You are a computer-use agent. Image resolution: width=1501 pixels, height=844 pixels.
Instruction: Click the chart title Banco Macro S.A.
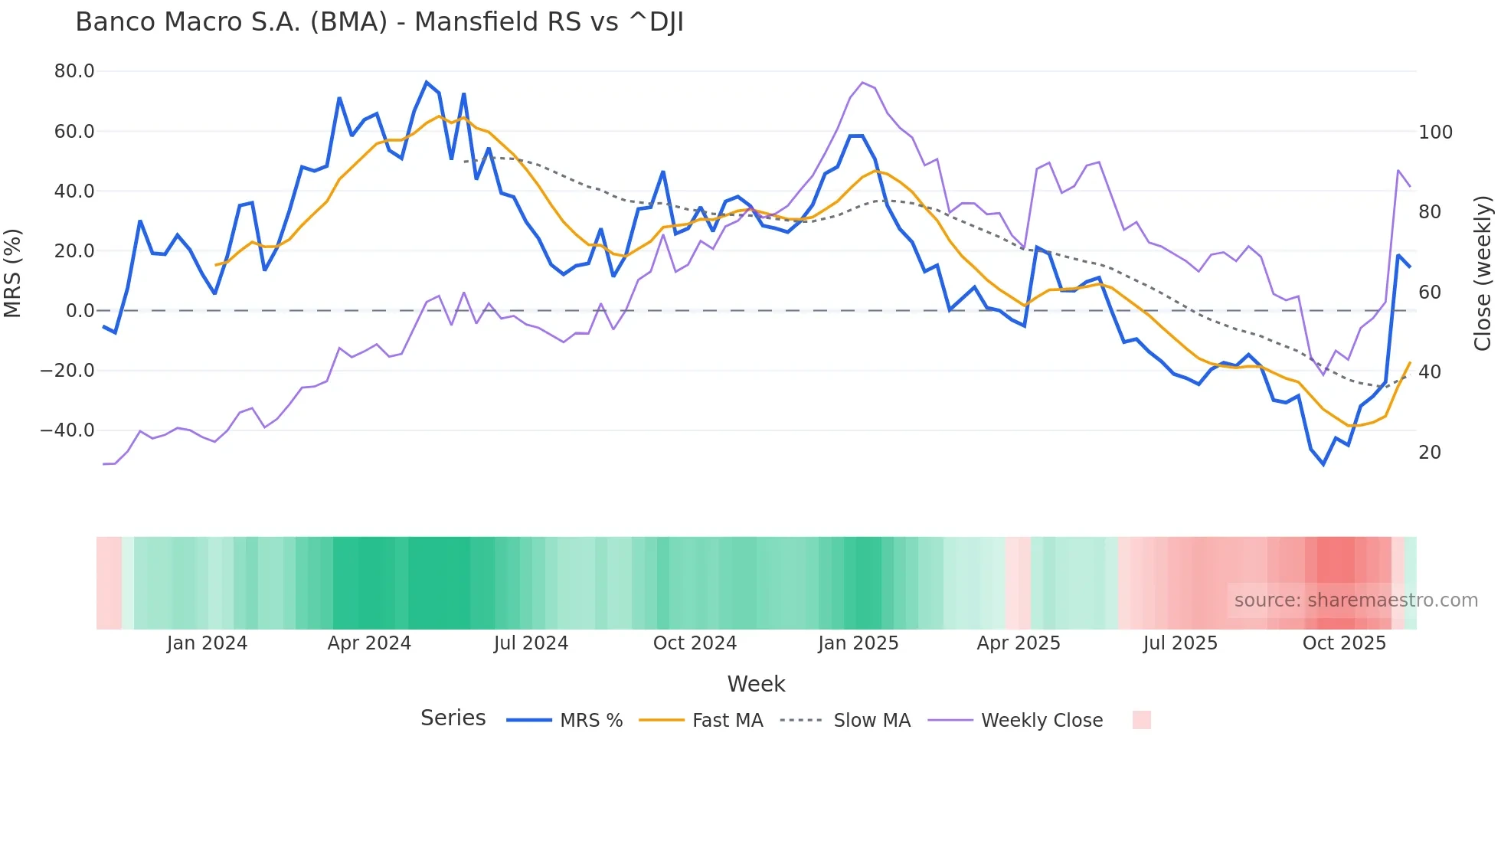(379, 22)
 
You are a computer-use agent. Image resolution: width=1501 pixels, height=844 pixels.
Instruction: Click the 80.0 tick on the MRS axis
(74, 71)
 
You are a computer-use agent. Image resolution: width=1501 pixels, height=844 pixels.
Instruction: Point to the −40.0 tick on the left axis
(67, 430)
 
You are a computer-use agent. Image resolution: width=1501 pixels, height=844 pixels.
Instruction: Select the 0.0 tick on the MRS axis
(80, 311)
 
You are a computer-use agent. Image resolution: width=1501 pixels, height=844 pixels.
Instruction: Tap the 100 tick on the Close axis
(1435, 132)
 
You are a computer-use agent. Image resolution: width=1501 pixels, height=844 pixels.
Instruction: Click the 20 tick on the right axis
(1430, 453)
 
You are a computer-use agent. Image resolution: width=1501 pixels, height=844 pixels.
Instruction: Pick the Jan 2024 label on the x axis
(207, 643)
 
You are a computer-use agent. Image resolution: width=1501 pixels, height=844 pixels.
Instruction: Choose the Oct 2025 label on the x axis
(1344, 643)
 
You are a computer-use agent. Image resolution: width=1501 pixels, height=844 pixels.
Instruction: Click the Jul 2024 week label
(531, 643)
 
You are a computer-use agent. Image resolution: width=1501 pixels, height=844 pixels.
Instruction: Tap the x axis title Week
(756, 684)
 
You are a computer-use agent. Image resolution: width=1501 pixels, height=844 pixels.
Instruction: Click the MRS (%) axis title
(13, 273)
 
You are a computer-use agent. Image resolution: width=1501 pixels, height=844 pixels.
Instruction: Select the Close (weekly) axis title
(1483, 273)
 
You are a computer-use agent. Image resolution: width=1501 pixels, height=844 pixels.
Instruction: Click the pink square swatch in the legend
(1141, 720)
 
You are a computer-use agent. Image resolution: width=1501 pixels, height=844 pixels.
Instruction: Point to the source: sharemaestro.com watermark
(1355, 600)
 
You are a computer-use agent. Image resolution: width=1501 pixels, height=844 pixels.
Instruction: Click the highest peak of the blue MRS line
(427, 82)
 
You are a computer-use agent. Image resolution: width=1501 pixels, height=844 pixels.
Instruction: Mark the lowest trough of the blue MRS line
(1323, 464)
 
